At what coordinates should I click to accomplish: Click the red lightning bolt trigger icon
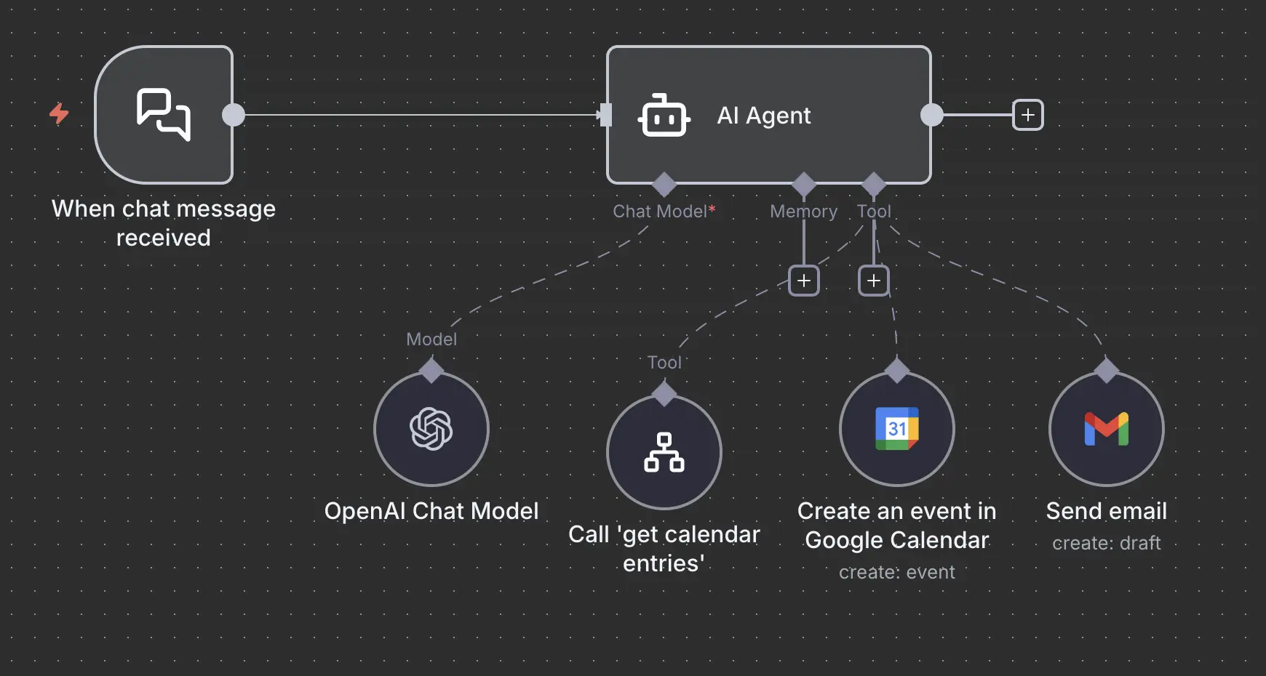coord(59,114)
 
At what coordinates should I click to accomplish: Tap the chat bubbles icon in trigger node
coord(164,114)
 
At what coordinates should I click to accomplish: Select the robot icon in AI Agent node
coord(664,116)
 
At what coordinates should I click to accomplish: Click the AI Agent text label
coord(764,116)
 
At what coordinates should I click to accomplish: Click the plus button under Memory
coord(804,281)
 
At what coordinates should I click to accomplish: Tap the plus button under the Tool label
coord(874,281)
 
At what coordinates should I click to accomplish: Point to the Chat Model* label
coord(664,212)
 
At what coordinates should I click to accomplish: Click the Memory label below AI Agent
coord(803,212)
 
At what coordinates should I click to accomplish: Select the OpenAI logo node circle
coord(431,429)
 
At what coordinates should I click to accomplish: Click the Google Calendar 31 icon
coord(896,429)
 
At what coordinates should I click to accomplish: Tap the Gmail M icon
coord(1106,429)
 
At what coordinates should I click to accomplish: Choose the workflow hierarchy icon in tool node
coord(664,452)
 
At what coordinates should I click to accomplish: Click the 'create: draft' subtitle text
coord(1106,543)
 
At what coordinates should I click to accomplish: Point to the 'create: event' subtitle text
coord(896,572)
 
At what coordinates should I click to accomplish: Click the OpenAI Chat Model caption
coord(431,511)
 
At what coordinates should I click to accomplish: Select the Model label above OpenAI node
coord(431,339)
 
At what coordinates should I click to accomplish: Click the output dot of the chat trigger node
coord(234,115)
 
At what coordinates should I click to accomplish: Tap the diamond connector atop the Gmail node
coord(1106,370)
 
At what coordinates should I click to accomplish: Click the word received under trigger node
coord(164,238)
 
